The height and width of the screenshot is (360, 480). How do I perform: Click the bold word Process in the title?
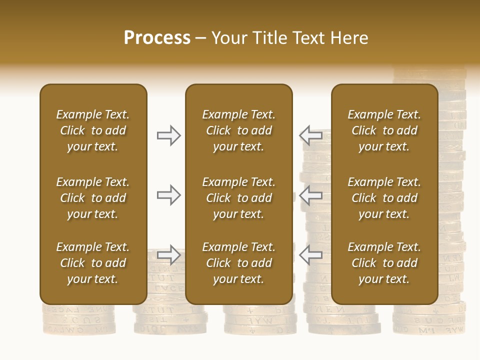point(157,38)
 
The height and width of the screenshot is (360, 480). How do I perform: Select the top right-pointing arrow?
point(169,135)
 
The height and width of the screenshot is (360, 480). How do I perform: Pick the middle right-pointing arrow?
point(169,195)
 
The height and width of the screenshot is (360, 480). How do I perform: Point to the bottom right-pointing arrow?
point(169,254)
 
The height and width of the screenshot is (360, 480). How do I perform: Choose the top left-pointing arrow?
point(311,135)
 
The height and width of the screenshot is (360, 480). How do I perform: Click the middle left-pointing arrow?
point(311,195)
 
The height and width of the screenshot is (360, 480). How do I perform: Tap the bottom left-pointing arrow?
point(311,254)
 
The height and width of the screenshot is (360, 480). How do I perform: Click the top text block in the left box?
point(93,130)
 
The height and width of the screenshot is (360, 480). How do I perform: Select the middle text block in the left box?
point(93,198)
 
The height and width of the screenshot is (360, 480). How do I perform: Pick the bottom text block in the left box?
point(93,263)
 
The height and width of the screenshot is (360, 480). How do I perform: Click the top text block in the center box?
point(238,130)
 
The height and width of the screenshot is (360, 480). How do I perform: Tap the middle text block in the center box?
point(238,198)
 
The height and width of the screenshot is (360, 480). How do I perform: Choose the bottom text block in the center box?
point(238,263)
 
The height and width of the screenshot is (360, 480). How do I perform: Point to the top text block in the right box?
point(384,130)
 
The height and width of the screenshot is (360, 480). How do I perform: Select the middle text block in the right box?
point(384,198)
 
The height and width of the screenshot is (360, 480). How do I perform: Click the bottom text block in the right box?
point(384,263)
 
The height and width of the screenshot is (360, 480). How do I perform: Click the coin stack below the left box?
point(79,320)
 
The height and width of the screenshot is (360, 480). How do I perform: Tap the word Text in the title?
point(305,38)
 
